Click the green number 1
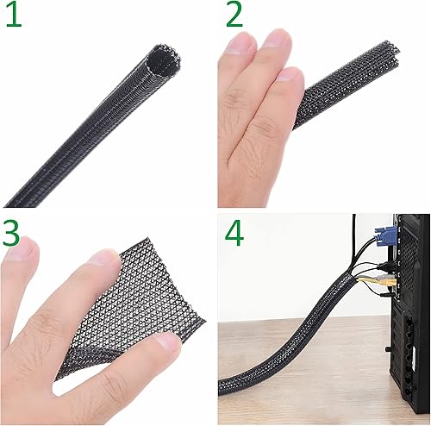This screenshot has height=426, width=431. tap(12, 17)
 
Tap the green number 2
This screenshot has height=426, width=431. tap(234, 17)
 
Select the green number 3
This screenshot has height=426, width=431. tap(13, 235)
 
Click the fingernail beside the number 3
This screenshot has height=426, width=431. tap(28, 252)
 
